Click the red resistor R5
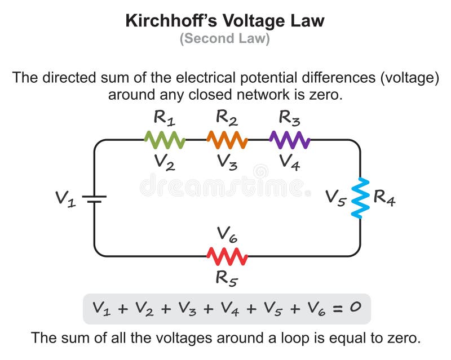227,256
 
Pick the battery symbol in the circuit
94,198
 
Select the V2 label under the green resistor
165,162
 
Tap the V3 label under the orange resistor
227,162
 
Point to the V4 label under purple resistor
289,162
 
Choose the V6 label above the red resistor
227,234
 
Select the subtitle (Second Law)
225,39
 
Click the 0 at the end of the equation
353,308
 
